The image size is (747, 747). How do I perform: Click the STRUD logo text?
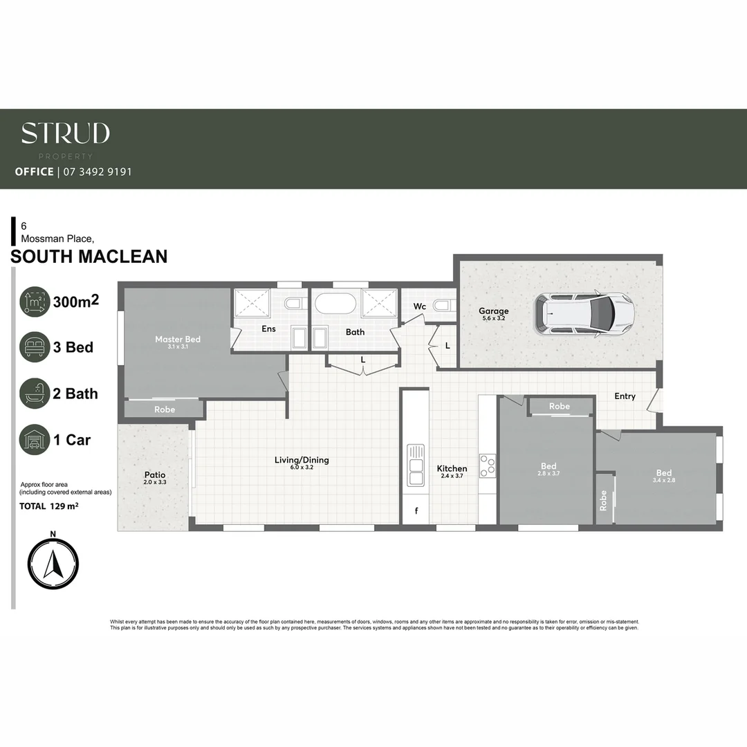(65, 133)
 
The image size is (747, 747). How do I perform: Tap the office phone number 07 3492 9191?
(97, 172)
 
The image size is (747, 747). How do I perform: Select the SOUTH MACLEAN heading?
(89, 257)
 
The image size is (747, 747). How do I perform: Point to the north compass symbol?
(53, 564)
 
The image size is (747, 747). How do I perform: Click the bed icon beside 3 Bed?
(35, 347)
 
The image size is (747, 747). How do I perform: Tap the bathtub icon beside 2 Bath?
(35, 394)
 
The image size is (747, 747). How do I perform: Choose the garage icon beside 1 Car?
(35, 440)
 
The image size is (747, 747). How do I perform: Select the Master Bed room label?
(178, 339)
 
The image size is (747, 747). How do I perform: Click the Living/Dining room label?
(302, 460)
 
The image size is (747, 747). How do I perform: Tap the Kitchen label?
(452, 468)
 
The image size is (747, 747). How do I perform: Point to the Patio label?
(154, 475)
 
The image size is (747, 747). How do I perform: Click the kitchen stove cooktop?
(488, 465)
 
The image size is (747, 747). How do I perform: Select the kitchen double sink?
(416, 465)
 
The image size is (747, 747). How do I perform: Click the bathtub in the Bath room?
(335, 304)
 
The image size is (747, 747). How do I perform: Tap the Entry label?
(625, 396)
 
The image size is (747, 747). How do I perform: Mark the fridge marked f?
(416, 512)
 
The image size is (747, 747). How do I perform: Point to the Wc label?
(419, 306)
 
